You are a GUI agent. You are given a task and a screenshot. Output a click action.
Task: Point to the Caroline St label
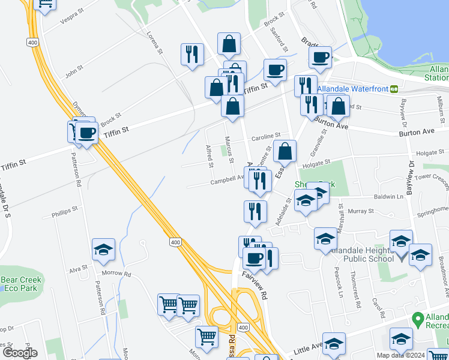click(265, 137)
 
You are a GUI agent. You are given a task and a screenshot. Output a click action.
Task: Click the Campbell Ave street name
click(226, 181)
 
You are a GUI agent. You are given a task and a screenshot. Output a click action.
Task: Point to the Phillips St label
click(65, 211)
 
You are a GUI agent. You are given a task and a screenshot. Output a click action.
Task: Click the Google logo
click(19, 353)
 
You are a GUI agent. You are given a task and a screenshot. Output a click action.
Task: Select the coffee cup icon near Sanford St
click(275, 70)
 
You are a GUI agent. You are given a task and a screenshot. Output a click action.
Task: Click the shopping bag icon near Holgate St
click(285, 151)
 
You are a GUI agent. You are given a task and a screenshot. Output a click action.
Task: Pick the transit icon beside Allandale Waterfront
click(394, 88)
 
